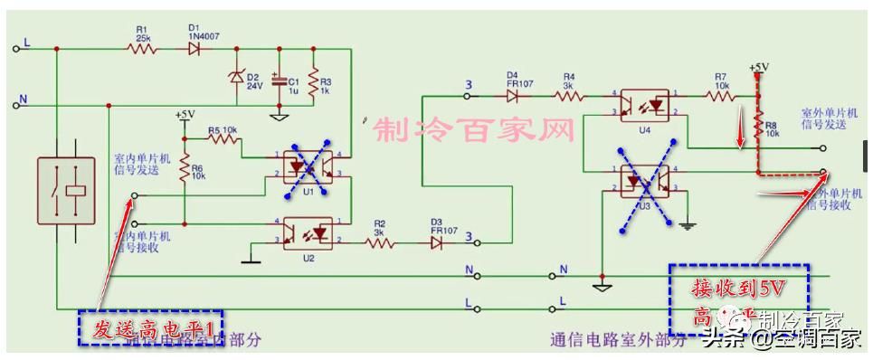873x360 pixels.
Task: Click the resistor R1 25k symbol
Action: pos(142,49)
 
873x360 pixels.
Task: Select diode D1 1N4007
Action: pos(194,49)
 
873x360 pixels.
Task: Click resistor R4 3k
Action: pos(570,93)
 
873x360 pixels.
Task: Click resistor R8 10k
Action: pos(758,127)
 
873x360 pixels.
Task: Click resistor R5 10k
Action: pos(222,138)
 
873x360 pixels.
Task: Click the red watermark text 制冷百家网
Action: pos(474,131)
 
